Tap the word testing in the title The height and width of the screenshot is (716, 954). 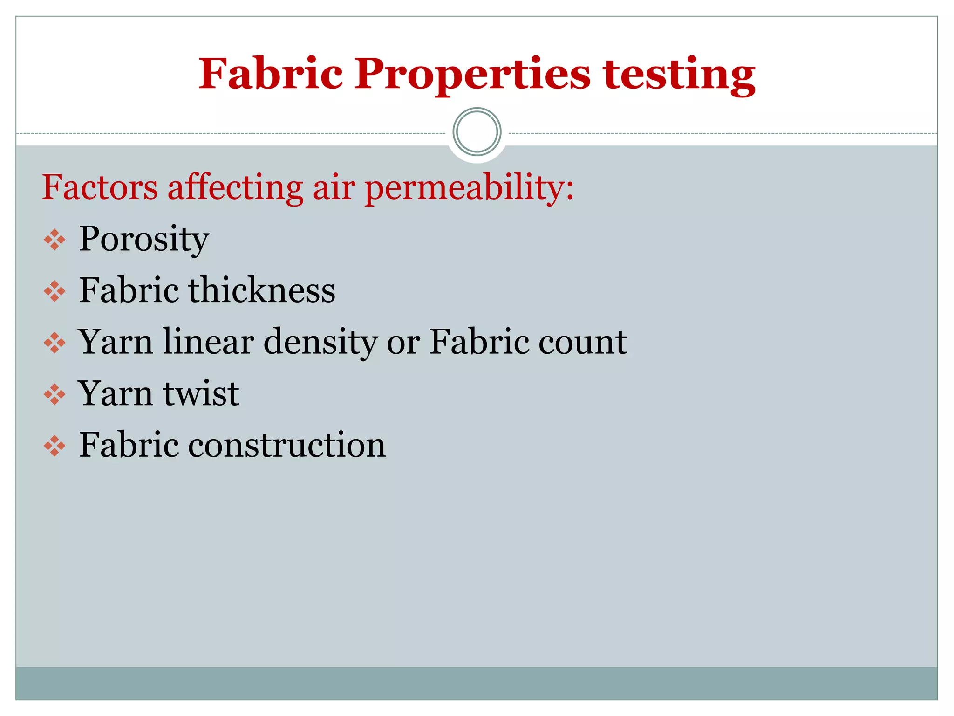(679, 75)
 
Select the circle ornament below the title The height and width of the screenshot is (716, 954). (477, 132)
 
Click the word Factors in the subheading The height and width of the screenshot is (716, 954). (100, 187)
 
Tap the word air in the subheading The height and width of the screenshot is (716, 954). (334, 187)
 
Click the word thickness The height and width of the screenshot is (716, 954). (261, 290)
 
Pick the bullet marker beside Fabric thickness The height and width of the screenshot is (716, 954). (55, 291)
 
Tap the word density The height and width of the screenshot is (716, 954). (320, 343)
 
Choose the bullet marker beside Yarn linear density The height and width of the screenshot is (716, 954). (55, 343)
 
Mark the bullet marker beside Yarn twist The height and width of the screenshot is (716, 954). (55, 395)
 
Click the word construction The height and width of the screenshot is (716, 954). (287, 445)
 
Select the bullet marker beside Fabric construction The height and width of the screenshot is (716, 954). (55, 446)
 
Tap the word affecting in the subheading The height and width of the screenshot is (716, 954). (235, 187)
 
